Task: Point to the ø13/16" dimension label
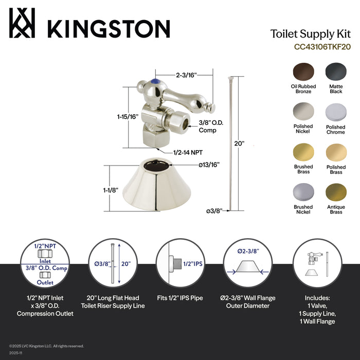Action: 195,165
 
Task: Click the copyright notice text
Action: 46,346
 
